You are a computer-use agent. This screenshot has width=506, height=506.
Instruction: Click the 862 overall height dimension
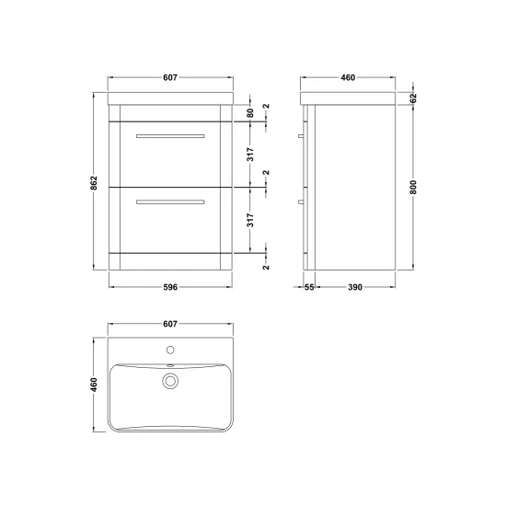(94, 183)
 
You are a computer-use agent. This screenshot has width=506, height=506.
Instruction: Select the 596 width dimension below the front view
(170, 287)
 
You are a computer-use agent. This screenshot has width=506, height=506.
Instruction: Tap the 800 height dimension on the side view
(413, 187)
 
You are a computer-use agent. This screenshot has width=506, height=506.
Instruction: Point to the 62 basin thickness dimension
(413, 98)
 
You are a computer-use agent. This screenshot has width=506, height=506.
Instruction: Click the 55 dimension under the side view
(309, 287)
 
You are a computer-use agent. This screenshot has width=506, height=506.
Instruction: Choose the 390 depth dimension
(355, 287)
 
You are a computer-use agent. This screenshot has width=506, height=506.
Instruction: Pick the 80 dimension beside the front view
(250, 113)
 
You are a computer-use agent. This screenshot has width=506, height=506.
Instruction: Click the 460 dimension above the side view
(348, 77)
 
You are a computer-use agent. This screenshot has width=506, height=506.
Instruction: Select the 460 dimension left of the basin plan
(94, 385)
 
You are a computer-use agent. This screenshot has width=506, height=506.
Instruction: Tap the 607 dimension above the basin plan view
(170, 324)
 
